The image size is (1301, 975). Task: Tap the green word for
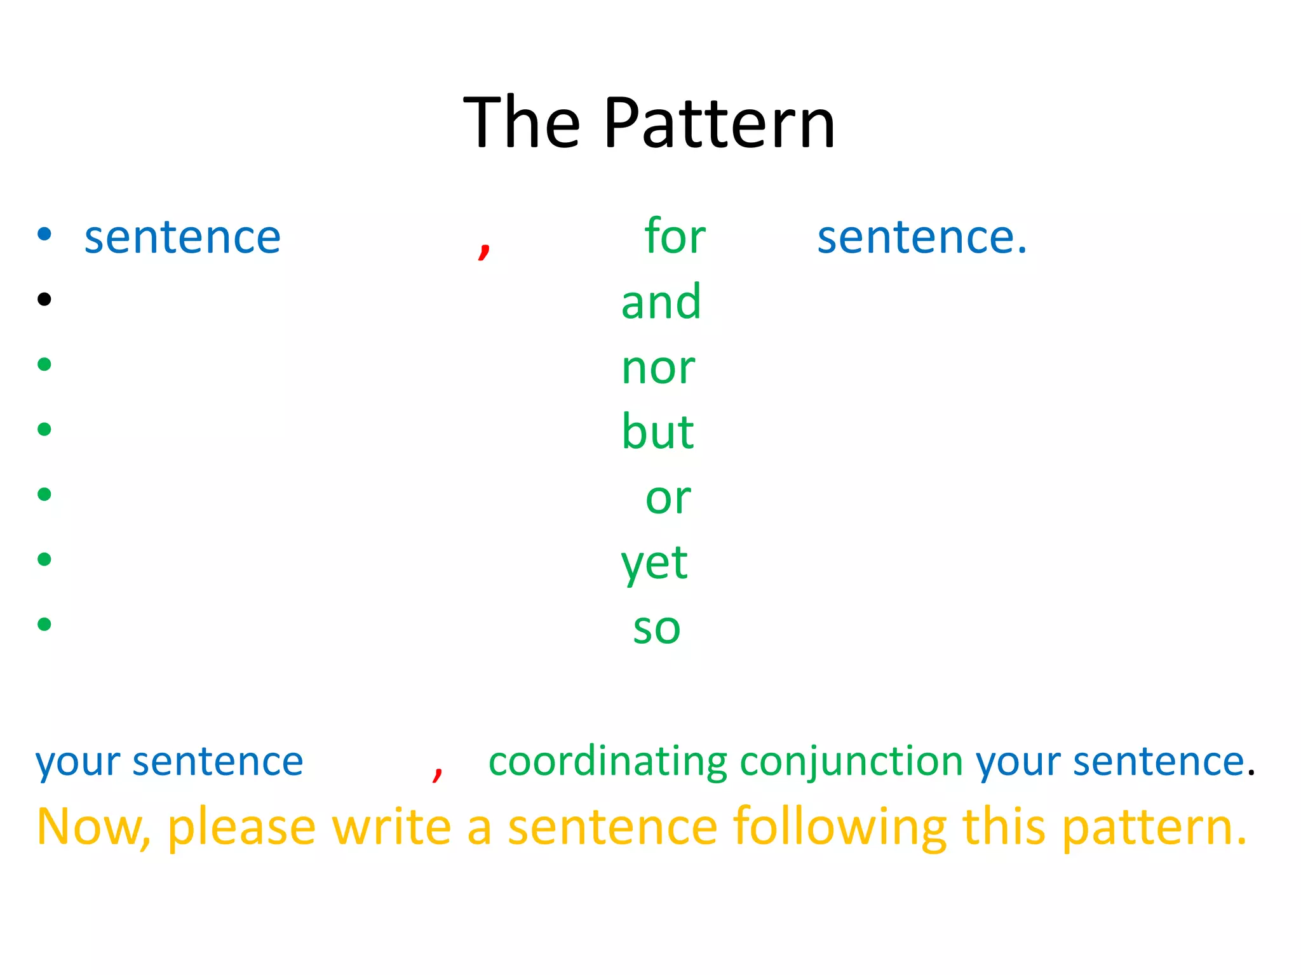pos(675,236)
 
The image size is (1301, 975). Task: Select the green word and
pos(661,302)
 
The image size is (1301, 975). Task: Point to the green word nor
pos(658,368)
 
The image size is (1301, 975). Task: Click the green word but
pos(657,432)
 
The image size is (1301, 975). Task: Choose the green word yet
pos(654,564)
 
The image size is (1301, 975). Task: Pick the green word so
pos(657,628)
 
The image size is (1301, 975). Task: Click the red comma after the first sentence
pos(484,249)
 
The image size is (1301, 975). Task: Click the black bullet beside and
pos(44,299)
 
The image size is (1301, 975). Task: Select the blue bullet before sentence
pos(44,234)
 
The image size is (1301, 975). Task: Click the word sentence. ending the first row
pos(921,237)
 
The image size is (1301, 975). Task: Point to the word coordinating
pos(607,762)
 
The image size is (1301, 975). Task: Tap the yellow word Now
pos(93,827)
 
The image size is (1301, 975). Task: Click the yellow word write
pos(391,827)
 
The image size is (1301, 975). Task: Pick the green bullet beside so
pos(44,624)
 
